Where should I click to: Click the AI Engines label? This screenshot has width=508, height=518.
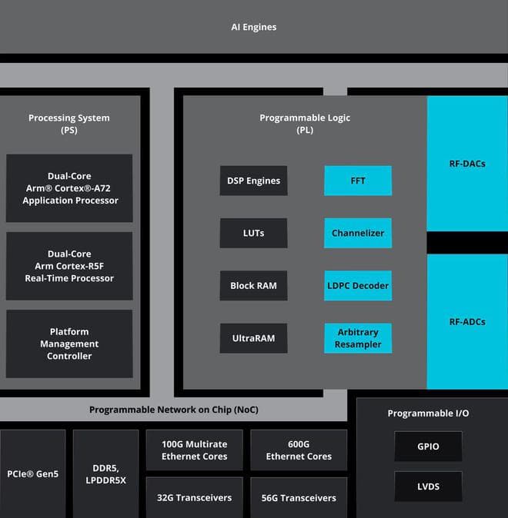(253, 27)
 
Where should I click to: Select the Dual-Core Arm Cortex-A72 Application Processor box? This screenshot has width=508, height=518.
(69, 189)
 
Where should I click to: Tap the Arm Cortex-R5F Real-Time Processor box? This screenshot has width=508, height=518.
(69, 266)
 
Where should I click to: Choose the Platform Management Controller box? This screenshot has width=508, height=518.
(69, 344)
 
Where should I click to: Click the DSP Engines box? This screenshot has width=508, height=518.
(253, 181)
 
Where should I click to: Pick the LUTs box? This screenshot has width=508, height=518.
(253, 233)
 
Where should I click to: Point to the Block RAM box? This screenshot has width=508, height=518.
(253, 286)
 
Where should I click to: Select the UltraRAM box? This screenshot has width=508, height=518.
(253, 338)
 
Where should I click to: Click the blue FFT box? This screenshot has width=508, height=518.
(358, 181)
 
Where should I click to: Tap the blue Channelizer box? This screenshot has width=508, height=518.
(358, 233)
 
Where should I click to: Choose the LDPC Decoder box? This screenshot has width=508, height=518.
(358, 286)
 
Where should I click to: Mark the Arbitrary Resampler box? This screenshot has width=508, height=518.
(358, 338)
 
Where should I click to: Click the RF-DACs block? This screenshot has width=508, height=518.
(467, 164)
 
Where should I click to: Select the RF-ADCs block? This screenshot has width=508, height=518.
(467, 321)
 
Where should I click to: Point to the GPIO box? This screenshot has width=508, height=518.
(428, 447)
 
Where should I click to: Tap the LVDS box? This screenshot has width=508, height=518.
(428, 486)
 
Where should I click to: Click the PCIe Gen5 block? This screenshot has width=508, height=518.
(32, 473)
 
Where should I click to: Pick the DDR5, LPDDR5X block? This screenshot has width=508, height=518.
(105, 473)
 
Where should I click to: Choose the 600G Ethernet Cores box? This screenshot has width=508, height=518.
(299, 450)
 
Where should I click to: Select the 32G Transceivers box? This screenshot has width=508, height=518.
(194, 497)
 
